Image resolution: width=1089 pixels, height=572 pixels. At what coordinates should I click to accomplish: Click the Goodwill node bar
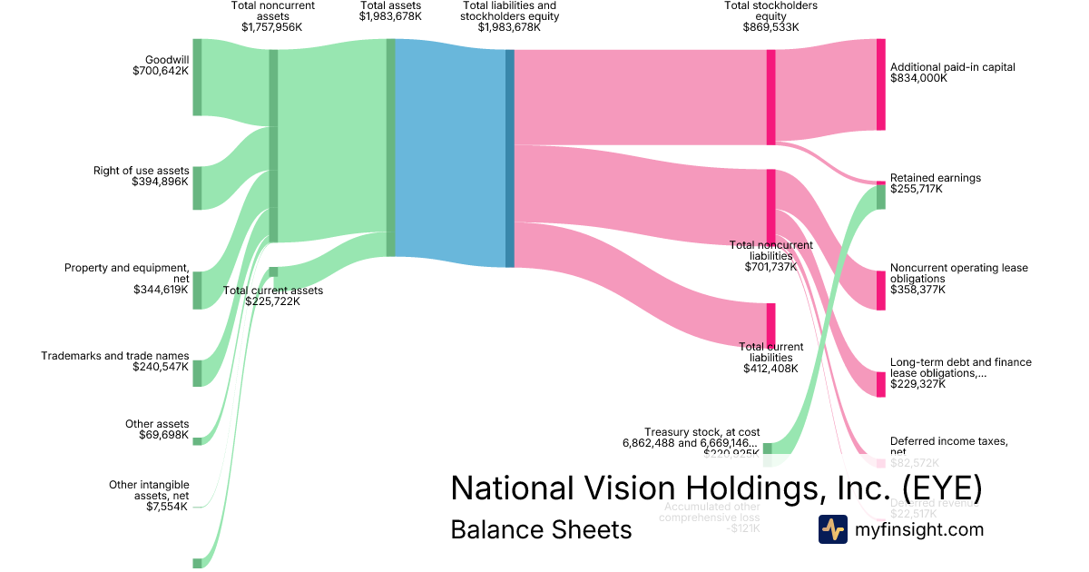[x=197, y=77]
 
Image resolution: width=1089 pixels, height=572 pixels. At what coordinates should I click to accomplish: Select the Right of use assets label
[x=141, y=171]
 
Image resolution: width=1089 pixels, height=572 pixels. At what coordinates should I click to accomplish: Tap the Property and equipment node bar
[x=197, y=290]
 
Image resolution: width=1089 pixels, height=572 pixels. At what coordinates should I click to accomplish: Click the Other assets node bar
[x=197, y=440]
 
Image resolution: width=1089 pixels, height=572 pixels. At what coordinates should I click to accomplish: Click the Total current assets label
[x=273, y=291]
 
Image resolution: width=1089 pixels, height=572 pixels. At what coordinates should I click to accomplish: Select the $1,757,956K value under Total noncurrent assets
[x=272, y=27]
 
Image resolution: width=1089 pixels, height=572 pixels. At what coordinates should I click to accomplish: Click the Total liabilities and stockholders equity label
[x=509, y=11]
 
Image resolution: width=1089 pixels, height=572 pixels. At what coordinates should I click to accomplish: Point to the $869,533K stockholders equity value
[x=770, y=27]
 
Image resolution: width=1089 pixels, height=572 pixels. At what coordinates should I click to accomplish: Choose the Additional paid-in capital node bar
[x=880, y=84]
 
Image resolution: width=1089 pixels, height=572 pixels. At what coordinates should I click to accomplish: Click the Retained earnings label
[x=935, y=178]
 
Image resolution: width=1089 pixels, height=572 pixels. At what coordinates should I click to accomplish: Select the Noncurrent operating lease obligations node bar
[x=880, y=290]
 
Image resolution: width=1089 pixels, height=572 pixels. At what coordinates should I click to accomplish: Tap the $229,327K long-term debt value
[x=917, y=384]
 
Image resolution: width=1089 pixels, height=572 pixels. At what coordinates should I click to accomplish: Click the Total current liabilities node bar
[x=770, y=324]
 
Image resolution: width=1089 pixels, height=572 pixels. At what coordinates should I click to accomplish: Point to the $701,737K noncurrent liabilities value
[x=770, y=267]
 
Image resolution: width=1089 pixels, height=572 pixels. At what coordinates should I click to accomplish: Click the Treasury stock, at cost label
[x=701, y=432]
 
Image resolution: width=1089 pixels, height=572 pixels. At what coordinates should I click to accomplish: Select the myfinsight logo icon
[x=832, y=529]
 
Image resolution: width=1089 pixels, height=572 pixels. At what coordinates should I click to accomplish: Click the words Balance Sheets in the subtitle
[x=541, y=529]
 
